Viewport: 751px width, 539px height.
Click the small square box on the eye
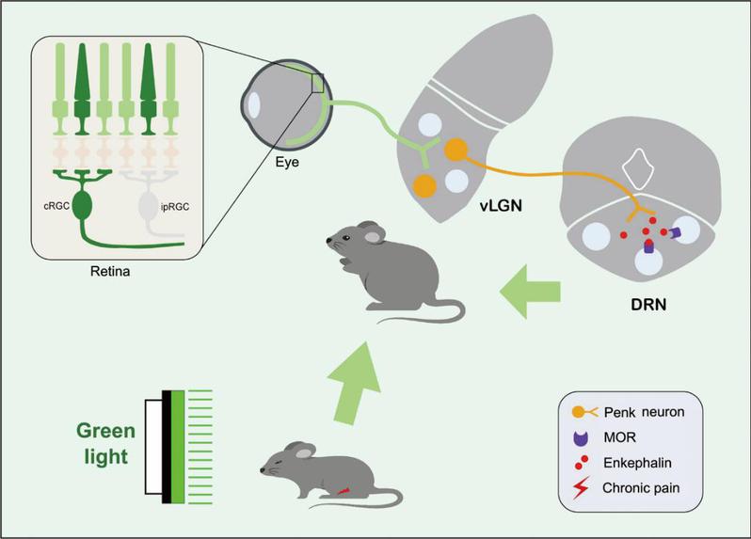[x=318, y=85]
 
